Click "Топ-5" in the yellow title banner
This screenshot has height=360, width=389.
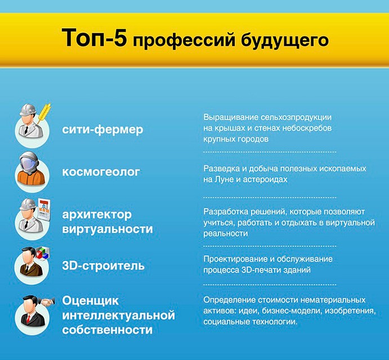click(94, 38)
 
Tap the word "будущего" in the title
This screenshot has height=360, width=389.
click(285, 40)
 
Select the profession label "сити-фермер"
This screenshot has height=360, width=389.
click(102, 129)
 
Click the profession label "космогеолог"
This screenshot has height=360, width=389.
click(101, 172)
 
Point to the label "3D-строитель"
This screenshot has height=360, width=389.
click(103, 265)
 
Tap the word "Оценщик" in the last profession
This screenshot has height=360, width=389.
click(91, 301)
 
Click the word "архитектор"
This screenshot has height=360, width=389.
click(97, 215)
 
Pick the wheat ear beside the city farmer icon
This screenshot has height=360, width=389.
click(44, 113)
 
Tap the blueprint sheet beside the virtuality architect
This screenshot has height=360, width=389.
click(44, 210)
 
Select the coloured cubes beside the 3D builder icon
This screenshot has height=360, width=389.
click(42, 253)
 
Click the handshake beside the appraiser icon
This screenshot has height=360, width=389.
click(47, 302)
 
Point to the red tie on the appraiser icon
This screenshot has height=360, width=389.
click(29, 318)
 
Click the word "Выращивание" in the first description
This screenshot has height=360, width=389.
click(231, 117)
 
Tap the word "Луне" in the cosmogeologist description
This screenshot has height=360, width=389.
click(224, 179)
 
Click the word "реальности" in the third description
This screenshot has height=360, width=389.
click(226, 233)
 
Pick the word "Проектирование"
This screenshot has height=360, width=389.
click(235, 259)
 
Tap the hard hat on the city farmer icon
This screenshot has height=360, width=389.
click(28, 110)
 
